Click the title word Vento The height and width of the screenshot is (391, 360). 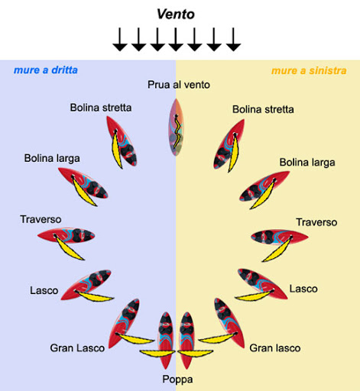click(176, 14)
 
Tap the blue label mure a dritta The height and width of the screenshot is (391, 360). click(46, 70)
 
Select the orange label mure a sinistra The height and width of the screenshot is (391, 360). click(309, 70)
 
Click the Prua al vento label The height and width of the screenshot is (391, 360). click(179, 85)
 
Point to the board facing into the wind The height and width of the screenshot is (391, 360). click(176, 128)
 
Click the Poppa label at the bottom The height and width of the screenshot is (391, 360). click(177, 380)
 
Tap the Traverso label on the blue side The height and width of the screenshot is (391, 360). click(41, 219)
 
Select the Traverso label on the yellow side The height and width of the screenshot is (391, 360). click(316, 222)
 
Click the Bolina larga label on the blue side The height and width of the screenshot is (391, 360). click(52, 158)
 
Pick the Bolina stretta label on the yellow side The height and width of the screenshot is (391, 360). click(263, 109)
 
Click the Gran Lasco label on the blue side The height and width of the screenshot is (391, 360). click(77, 348)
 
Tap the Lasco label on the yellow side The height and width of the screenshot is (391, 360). click(303, 289)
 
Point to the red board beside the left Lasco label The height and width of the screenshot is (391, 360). click(86, 285)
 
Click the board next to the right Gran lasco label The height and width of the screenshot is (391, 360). click(229, 323)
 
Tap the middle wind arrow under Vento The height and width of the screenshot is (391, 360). click(176, 40)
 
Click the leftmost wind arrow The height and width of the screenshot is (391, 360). click(120, 40)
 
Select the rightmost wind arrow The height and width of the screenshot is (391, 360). click(233, 40)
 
